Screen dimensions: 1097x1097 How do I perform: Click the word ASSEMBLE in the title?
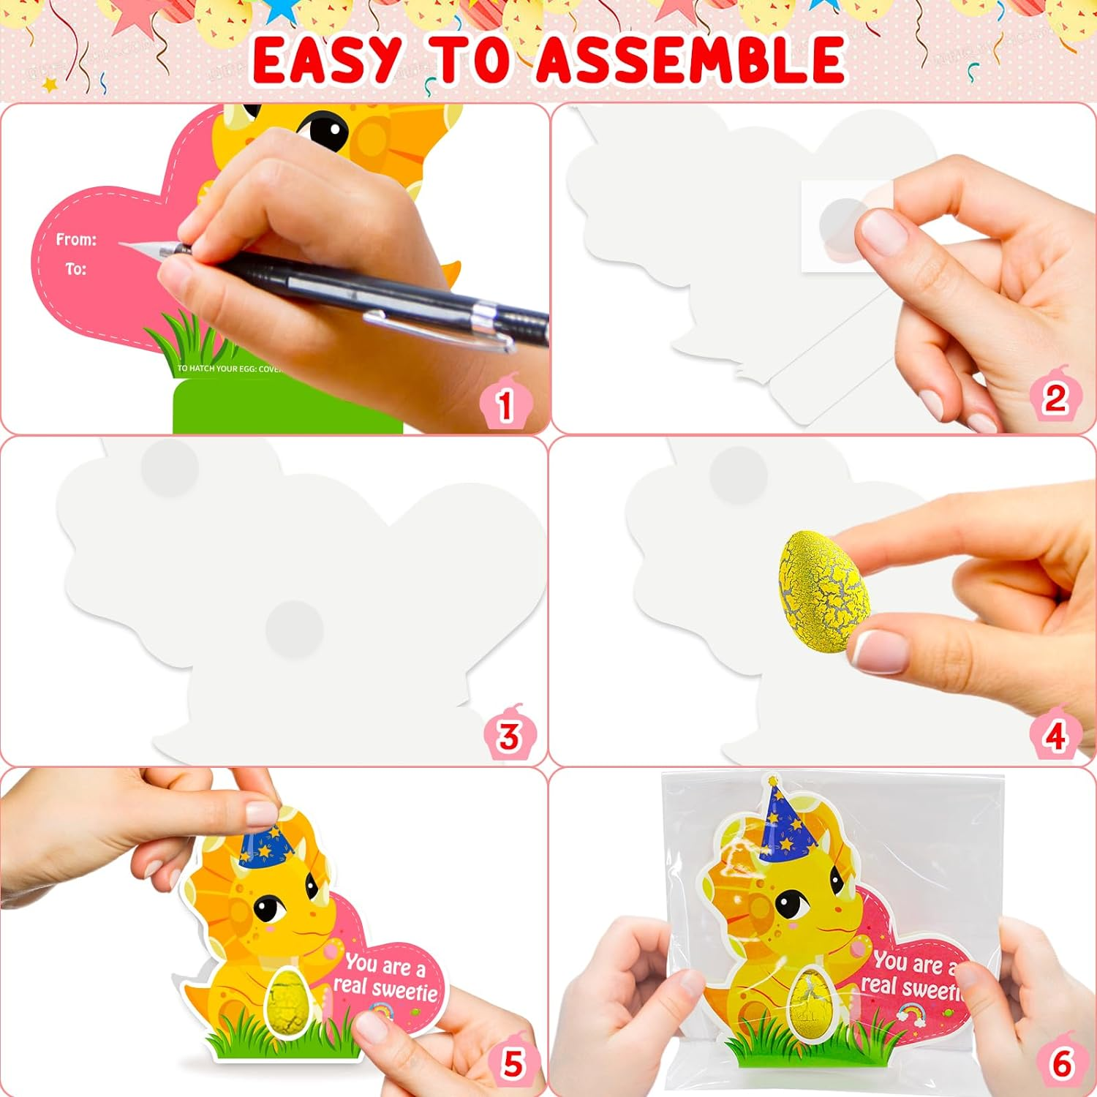[690, 60]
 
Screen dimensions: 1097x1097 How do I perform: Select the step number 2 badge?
[1055, 399]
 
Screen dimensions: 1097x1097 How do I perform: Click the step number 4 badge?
[1055, 735]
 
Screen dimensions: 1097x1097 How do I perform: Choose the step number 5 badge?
[513, 1063]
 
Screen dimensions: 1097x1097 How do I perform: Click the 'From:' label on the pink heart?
[76, 239]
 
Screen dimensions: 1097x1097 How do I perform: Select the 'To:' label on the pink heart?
[75, 269]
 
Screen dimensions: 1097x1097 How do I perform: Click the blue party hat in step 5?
[268, 847]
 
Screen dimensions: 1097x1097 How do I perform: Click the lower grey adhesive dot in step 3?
[294, 628]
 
